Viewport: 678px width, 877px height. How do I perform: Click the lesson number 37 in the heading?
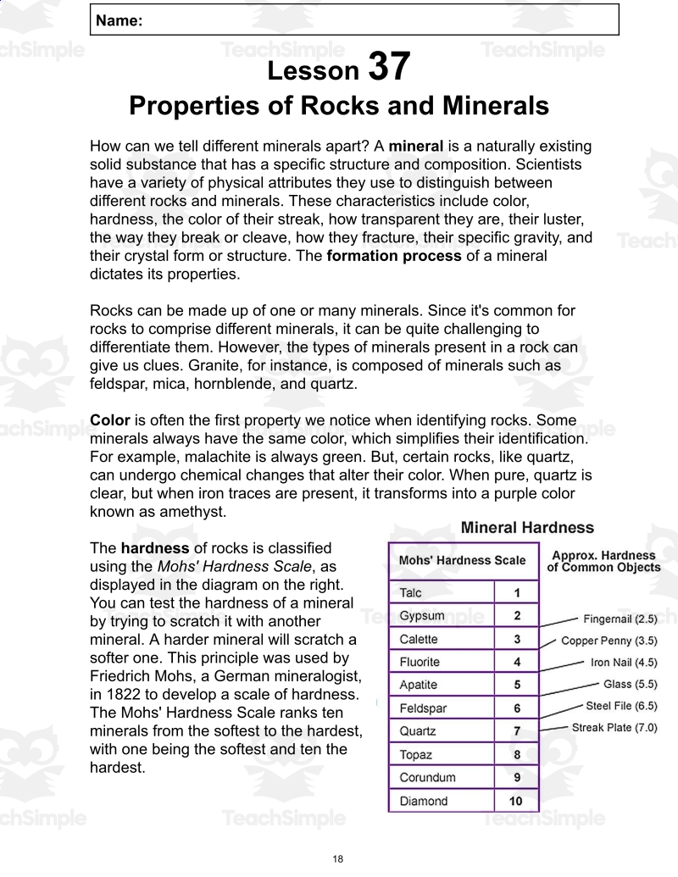(389, 67)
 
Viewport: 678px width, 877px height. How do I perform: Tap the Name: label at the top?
(119, 21)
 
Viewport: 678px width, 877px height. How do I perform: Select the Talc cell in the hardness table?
(411, 593)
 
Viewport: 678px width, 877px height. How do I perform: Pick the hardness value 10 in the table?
(516, 801)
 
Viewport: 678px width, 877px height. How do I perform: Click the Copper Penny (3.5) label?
(609, 641)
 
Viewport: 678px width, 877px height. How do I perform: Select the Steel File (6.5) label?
(621, 706)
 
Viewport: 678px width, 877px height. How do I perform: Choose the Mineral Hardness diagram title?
(527, 528)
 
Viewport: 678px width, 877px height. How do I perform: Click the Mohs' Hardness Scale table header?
(462, 560)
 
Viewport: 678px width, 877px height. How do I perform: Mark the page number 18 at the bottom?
(338, 859)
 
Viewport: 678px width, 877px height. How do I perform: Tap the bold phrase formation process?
(394, 256)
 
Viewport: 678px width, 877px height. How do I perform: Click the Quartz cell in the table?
(418, 730)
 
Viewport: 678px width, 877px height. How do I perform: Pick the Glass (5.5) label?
(630, 684)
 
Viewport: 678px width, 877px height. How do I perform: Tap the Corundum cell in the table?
(427, 777)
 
